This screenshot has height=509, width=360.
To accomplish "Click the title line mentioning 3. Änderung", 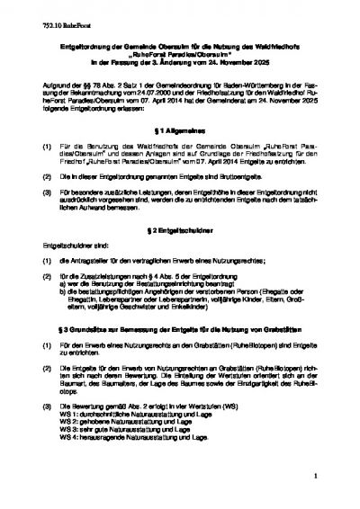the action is (x=179, y=64).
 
